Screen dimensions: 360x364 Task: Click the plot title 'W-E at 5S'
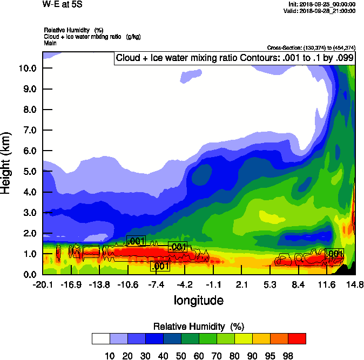click(x=59, y=5)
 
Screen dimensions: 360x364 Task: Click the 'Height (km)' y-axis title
click(x=7, y=162)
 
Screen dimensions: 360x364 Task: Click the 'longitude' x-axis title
click(x=198, y=300)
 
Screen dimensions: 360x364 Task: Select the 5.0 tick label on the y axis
click(x=30, y=171)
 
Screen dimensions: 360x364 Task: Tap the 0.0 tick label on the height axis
click(x=30, y=274)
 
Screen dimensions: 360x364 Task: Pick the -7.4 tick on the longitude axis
click(x=156, y=284)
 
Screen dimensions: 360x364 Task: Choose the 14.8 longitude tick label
click(x=354, y=284)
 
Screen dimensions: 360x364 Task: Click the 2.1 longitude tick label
click(x=241, y=284)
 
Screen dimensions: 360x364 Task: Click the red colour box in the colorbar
click(x=296, y=338)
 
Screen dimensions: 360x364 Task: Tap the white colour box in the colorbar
click(x=100, y=338)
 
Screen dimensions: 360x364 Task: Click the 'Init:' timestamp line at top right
click(x=322, y=4)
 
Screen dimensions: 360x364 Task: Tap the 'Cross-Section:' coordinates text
click(x=311, y=47)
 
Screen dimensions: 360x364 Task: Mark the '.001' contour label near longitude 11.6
click(x=335, y=254)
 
